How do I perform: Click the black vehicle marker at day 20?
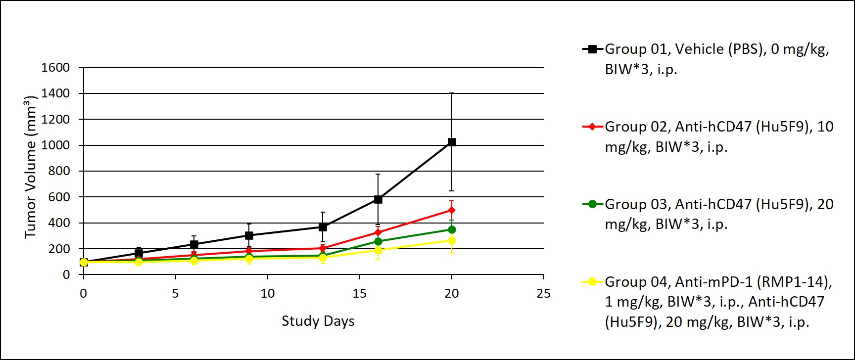point(451,142)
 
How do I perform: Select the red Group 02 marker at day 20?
point(451,210)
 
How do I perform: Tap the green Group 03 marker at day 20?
point(451,229)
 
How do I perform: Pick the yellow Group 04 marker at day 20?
point(451,240)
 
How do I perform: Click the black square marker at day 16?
point(378,199)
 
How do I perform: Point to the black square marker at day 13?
point(323,227)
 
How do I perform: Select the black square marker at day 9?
point(249,235)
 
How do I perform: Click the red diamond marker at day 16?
point(378,232)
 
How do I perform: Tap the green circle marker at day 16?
point(378,241)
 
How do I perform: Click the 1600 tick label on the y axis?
point(55,68)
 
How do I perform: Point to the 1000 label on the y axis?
point(55,145)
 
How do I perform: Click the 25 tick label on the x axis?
point(543,294)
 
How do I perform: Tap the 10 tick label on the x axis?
point(267,294)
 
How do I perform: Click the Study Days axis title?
point(318,321)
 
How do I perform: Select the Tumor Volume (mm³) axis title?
point(31,167)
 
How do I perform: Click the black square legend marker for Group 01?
point(592,49)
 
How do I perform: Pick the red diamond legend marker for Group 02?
point(592,127)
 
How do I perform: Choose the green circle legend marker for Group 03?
point(592,204)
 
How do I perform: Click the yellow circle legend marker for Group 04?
point(592,282)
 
